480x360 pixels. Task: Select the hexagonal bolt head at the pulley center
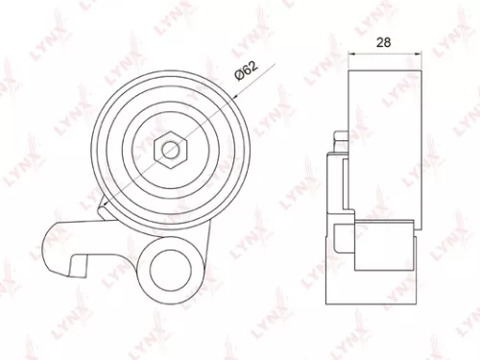point(169,149)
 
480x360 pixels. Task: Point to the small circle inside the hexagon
point(169,149)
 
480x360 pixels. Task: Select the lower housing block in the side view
point(384,245)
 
